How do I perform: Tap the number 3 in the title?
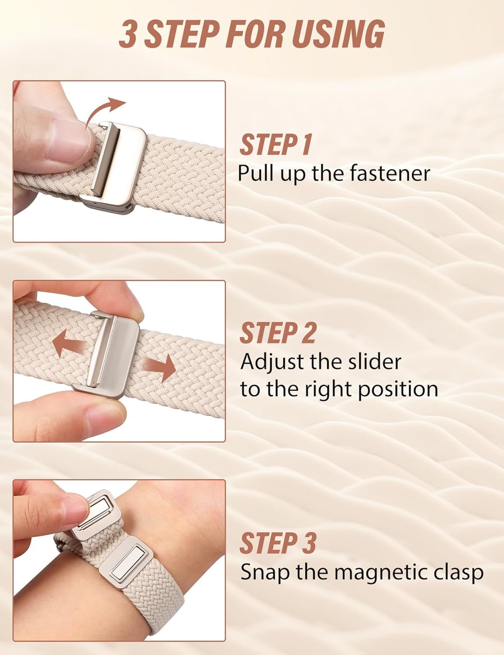coord(127,35)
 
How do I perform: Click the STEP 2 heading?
coord(278,333)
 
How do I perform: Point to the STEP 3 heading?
coord(278,543)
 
